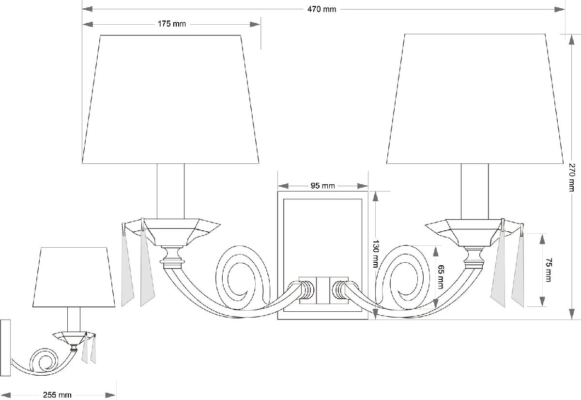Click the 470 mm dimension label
click(x=321, y=9)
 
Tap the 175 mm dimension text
click(x=172, y=24)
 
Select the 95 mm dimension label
click(x=322, y=186)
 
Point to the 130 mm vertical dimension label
click(x=375, y=254)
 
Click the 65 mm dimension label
click(x=441, y=277)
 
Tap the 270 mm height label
click(x=572, y=177)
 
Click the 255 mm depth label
click(x=57, y=395)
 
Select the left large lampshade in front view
click(x=170, y=99)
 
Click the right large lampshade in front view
click(x=474, y=99)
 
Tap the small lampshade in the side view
click(x=74, y=277)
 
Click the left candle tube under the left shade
click(x=170, y=191)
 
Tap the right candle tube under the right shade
click(x=474, y=191)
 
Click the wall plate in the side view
click(x=5, y=348)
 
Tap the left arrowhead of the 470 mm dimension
click(x=88, y=9)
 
